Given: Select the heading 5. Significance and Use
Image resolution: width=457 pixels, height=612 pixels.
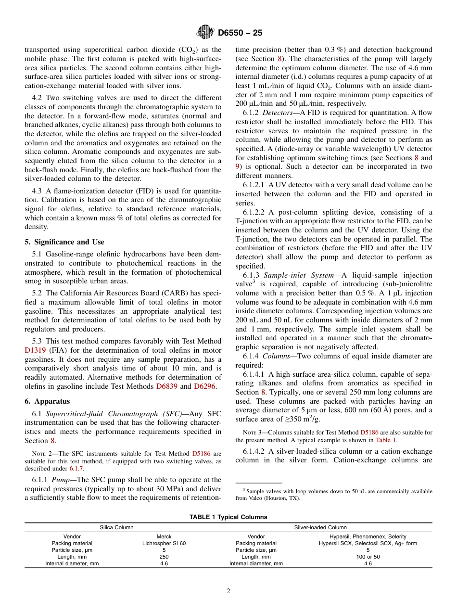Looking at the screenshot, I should tap(64, 242).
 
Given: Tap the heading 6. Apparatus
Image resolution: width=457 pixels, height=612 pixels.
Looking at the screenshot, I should tap(47, 401).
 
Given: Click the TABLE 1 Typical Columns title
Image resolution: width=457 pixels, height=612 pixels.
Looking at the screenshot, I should tap(228, 517).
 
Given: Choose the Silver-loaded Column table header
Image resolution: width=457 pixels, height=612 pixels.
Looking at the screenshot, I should tap(320, 527).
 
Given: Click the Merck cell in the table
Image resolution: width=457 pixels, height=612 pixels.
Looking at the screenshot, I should tap(164, 536).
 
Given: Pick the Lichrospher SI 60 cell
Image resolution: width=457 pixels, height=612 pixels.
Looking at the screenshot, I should tap(164, 543).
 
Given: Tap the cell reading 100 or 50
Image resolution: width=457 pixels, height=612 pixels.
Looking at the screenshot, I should tap(368, 557).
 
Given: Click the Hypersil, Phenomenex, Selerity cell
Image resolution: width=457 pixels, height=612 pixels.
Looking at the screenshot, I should tap(368, 536).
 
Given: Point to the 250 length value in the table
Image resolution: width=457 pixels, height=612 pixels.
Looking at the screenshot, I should tap(164, 557).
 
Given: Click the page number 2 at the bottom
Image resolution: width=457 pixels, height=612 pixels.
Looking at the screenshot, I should tap(228, 591).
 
